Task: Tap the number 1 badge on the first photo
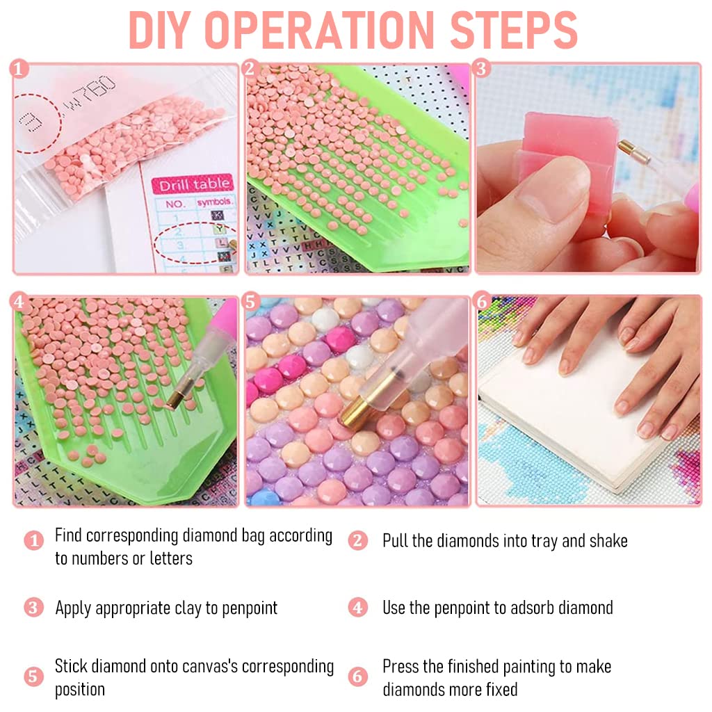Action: point(19,69)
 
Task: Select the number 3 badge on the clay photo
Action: point(481,69)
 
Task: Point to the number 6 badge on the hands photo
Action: point(483,302)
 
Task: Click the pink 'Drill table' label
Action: point(193,184)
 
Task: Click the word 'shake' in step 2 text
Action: point(608,541)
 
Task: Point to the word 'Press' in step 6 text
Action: point(400,667)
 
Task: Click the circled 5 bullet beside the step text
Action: point(33,677)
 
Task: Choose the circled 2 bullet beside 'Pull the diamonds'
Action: point(358,540)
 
